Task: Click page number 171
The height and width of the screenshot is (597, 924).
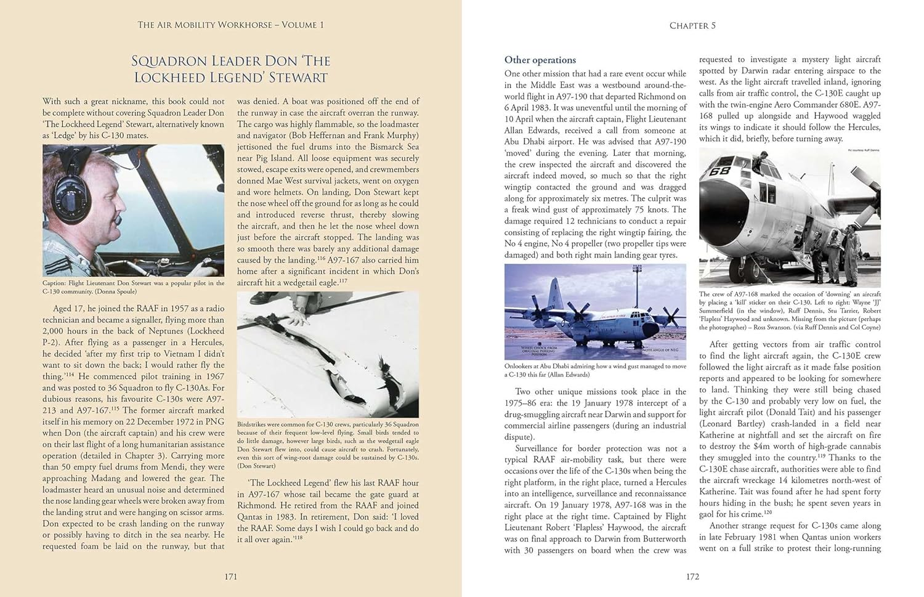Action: click(230, 577)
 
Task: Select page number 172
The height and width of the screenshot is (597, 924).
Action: click(692, 577)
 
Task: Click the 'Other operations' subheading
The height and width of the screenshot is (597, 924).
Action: click(540, 60)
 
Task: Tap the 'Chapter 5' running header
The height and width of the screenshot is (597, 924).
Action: click(692, 25)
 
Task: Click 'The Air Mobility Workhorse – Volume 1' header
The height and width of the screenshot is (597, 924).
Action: click(230, 25)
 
